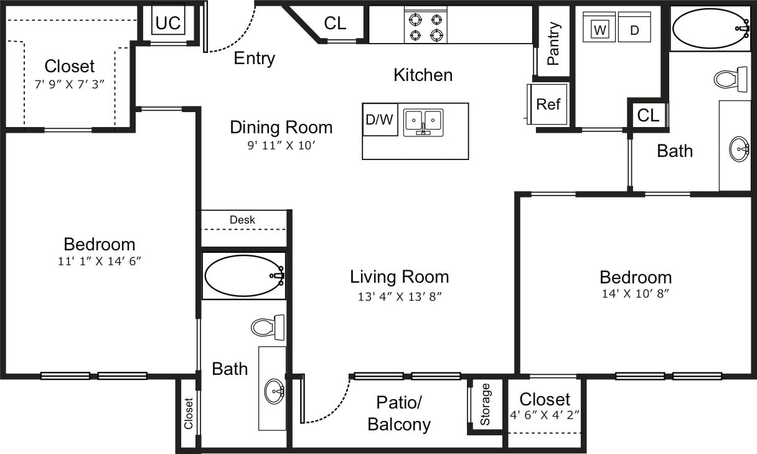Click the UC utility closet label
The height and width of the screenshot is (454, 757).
(x=167, y=23)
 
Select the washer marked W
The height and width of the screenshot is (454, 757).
(x=599, y=29)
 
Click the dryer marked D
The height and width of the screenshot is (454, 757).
(x=634, y=29)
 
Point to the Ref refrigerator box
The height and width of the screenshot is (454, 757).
(x=548, y=104)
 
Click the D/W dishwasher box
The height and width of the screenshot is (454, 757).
(x=380, y=120)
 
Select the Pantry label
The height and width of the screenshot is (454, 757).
(x=553, y=44)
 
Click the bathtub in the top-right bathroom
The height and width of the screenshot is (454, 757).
(x=710, y=28)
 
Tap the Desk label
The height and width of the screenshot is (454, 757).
(x=242, y=220)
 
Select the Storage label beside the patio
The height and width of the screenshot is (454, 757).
(x=486, y=404)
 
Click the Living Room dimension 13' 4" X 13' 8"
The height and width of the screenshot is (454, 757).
(x=399, y=296)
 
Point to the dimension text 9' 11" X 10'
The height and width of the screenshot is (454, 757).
(x=281, y=146)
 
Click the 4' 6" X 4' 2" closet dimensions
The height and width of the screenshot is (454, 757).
(x=544, y=414)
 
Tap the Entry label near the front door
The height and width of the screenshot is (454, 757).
(x=254, y=59)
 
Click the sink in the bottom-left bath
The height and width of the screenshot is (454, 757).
(x=274, y=392)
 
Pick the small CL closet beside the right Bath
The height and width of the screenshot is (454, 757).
(x=648, y=115)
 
